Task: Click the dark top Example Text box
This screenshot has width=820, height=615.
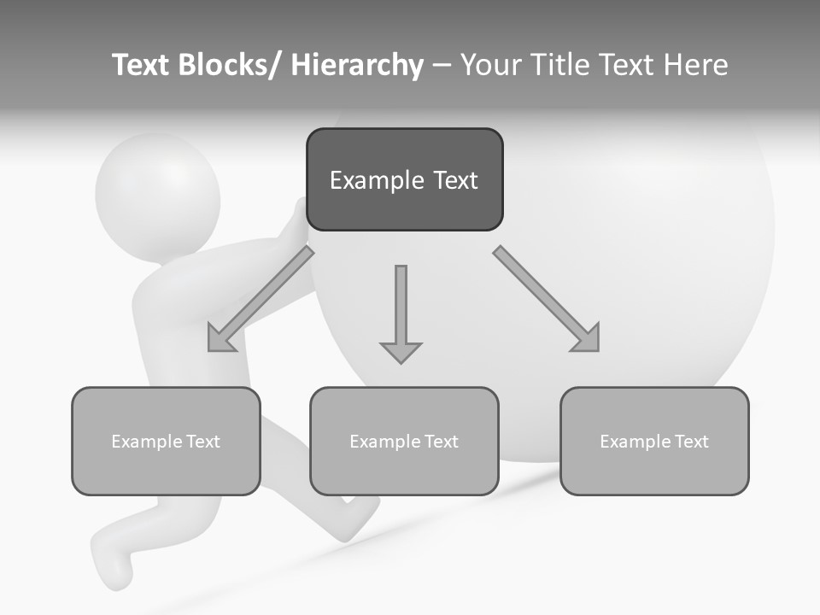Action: coord(404,179)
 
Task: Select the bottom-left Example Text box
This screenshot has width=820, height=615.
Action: coord(166,441)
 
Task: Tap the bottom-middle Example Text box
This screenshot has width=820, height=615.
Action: coord(404,441)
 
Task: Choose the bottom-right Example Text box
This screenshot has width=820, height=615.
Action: coord(654,441)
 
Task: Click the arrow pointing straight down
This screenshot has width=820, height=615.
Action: coord(401,312)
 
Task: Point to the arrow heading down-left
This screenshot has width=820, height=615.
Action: coord(261,299)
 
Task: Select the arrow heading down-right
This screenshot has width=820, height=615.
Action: coord(547,299)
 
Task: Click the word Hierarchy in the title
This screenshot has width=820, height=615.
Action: coord(357,65)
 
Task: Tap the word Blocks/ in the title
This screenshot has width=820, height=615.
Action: coord(228,65)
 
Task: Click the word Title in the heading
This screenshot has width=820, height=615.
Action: coord(558,65)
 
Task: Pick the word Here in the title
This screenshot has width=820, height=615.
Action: coord(697,65)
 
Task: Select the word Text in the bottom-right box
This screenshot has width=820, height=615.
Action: coord(689,442)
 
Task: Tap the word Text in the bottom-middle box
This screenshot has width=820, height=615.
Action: coord(439,442)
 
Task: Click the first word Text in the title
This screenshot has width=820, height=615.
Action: coord(142,65)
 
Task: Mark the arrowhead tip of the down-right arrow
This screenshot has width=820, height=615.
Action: coord(598,350)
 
